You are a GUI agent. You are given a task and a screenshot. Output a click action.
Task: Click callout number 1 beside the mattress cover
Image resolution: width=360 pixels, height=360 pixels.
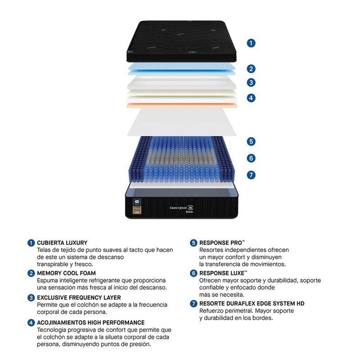coord(251,43)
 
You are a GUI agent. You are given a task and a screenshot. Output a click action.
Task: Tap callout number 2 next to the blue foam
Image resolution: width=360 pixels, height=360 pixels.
coord(251,69)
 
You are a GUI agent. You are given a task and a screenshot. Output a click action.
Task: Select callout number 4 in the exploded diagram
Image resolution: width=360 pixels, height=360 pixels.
coord(251,98)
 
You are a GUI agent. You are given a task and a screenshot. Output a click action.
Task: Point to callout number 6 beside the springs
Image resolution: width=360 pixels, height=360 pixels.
coord(251,158)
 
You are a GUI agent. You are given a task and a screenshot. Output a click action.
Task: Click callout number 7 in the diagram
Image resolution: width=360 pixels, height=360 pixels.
coord(251,175)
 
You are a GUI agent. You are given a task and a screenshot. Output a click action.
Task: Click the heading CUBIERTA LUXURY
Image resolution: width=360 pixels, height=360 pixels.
coord(62,243)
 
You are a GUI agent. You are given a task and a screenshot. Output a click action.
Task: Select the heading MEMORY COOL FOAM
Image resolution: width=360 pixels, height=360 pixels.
coord(66,273)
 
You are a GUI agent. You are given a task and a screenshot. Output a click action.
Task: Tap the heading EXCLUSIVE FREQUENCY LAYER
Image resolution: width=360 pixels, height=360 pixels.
coord(79,297)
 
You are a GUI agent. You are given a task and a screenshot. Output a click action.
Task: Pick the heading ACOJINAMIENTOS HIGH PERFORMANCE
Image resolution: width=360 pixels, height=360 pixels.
coord(91,323)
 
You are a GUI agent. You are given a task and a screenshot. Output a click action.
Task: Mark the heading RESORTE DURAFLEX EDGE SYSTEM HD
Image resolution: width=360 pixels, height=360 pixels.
coord(252,303)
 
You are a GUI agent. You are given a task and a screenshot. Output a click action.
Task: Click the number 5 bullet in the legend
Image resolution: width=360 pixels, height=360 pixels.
coord(193,243)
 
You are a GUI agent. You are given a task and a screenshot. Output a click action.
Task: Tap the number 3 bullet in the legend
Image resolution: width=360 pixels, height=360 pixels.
coord(31,298)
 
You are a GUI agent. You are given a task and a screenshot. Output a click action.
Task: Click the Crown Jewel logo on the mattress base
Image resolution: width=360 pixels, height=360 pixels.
coord(181,208)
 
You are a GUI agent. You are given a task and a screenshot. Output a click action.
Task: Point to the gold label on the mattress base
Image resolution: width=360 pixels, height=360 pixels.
coord(137,210)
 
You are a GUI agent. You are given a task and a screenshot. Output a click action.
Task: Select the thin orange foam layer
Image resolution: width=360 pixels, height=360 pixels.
coord(182,105)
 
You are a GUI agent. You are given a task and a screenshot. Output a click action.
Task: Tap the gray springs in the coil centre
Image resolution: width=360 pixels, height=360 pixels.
coord(181,158)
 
